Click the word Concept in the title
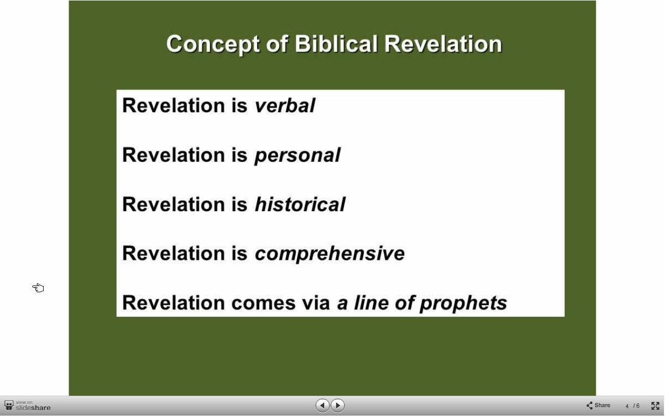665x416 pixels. pos(213,45)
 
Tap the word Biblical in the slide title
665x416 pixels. pos(336,44)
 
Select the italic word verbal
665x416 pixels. pos(285,106)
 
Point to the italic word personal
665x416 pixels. pos(298,155)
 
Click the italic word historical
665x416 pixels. pos(300,204)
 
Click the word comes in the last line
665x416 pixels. pos(263,303)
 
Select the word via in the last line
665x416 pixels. pos(316,303)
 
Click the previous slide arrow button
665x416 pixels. pos(322,405)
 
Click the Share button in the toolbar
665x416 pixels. pos(598,405)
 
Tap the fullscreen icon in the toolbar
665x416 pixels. pos(655,406)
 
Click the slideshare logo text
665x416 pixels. pos(33,408)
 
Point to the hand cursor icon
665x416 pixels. pos(38,288)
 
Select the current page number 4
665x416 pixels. pos(627,406)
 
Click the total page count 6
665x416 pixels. pos(637,406)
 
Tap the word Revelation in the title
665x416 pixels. pos(443,44)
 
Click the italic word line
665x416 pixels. pos(371,303)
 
